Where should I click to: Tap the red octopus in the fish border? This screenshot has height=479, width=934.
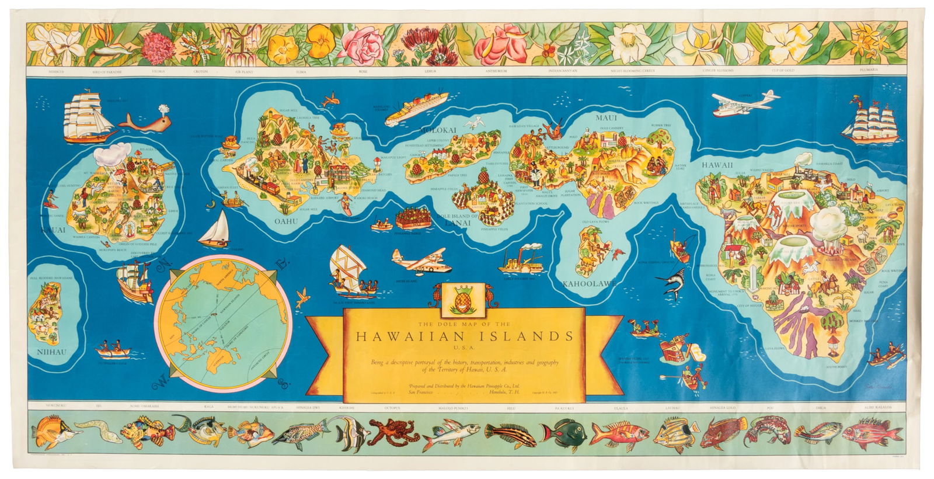coord(386,434)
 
